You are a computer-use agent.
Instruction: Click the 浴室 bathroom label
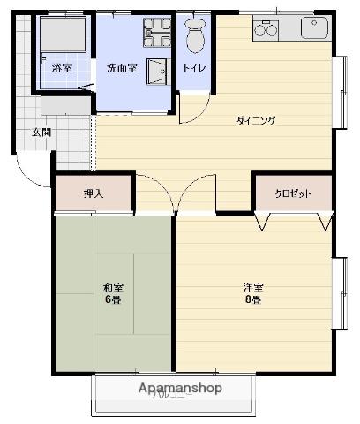62,68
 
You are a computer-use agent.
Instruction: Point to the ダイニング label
256,121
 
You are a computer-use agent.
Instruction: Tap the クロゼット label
292,193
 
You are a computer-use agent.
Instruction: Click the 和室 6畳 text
111,292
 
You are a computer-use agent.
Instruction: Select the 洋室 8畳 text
253,292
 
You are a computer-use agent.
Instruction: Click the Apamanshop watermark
179,388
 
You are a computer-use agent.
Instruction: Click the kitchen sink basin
314,28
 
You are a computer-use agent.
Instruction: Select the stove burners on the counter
266,30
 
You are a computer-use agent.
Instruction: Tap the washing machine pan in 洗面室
157,33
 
